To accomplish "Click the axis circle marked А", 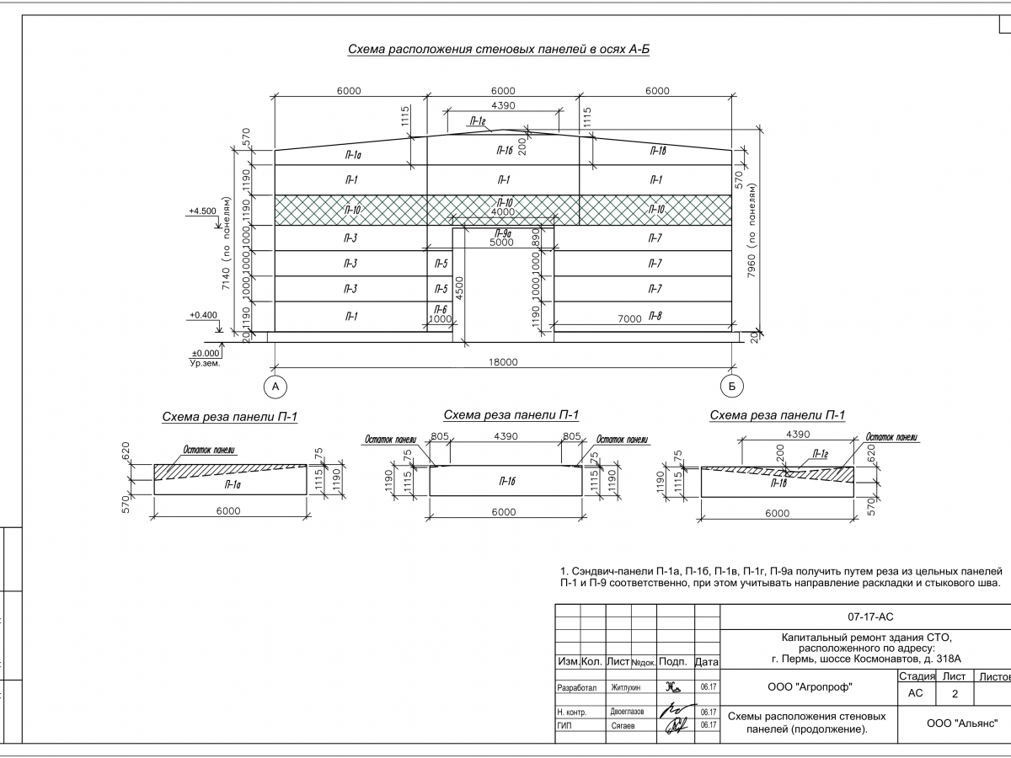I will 274,387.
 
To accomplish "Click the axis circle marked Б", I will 732,387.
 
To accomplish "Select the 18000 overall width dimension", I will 503,362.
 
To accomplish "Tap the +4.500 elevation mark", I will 202,211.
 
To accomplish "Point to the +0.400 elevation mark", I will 202,315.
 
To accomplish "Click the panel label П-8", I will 655,316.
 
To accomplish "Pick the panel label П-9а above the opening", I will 503,234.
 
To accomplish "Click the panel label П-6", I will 440,310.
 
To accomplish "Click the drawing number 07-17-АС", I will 864,617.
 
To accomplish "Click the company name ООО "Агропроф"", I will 810,687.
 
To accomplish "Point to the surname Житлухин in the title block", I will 626,687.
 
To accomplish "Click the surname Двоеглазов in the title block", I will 627,712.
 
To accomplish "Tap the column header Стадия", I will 916,676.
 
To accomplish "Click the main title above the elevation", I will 499,50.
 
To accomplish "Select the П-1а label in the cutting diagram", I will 233,485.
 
